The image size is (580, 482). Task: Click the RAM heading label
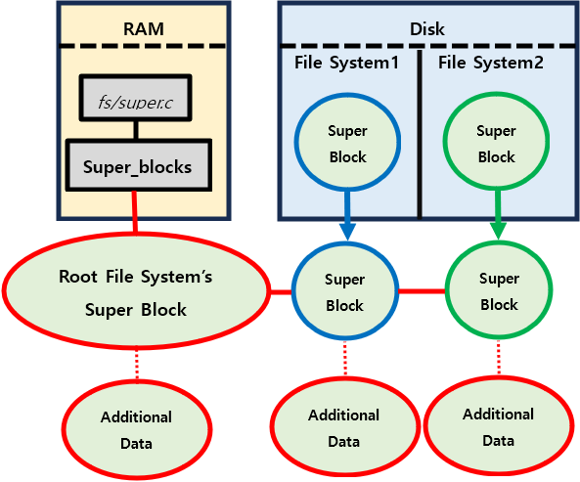(144, 29)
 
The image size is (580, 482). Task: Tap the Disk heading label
(427, 29)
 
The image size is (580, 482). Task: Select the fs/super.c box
(135, 98)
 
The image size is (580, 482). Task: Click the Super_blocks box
(139, 165)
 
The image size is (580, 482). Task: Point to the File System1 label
(347, 63)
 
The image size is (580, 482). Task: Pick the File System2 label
(491, 63)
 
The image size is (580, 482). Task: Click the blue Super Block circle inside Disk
(347, 143)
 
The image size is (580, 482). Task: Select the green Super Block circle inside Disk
(497, 141)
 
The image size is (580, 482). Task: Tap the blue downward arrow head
(347, 232)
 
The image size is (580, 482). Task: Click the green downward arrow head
(499, 231)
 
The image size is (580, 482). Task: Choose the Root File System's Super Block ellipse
(136, 291)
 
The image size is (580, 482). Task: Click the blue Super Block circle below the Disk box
(345, 291)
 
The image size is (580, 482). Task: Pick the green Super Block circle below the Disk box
(499, 290)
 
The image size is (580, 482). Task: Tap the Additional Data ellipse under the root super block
(137, 429)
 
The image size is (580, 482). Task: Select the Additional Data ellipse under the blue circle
(344, 427)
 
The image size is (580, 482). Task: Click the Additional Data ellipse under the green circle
(498, 426)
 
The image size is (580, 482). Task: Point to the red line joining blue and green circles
(423, 291)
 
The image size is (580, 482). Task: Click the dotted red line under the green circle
(499, 358)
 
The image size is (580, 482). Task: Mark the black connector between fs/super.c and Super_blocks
(136, 130)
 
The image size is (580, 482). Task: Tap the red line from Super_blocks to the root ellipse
(135, 212)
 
